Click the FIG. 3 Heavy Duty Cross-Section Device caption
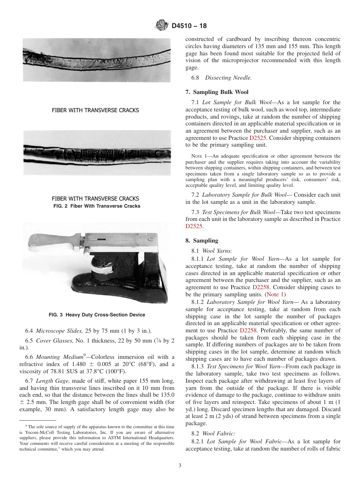[x=97, y=315]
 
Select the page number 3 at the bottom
[x=180, y=465]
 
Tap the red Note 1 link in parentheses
[x=275, y=294]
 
